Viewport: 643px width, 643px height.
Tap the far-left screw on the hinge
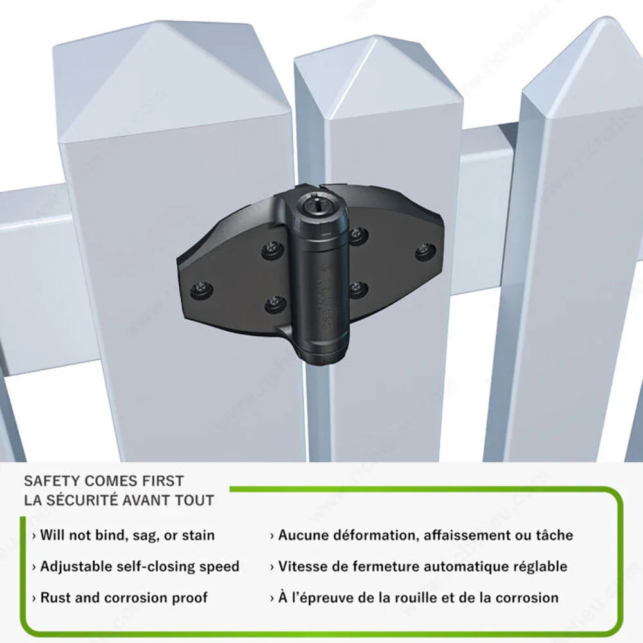click(202, 289)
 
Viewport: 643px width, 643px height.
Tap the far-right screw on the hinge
click(425, 251)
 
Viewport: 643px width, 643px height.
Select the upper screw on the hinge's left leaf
click(272, 249)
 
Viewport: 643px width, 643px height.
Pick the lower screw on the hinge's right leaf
click(358, 288)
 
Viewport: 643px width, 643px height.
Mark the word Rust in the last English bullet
click(56, 597)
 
